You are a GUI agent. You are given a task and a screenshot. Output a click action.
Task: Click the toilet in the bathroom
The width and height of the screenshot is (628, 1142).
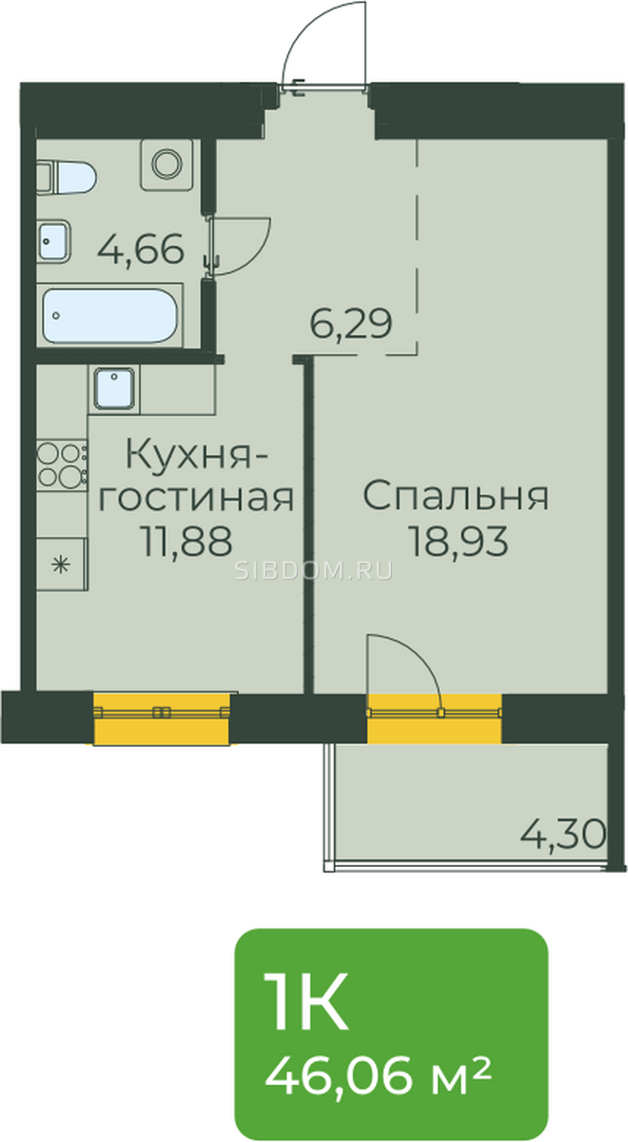66,178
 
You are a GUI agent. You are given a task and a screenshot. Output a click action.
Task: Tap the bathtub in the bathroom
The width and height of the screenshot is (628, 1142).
110,316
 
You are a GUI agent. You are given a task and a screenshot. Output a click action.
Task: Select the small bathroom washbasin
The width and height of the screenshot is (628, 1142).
53,242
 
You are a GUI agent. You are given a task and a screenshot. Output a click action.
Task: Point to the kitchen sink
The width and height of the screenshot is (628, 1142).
114,387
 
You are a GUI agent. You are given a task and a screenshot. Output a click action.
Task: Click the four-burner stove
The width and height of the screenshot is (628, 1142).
62,464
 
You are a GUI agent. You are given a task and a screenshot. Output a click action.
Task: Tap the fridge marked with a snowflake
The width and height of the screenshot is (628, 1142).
62,563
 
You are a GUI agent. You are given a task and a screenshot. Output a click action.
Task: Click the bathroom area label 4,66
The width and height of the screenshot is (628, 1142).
141,249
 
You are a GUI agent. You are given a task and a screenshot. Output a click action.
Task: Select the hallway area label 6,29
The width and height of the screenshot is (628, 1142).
351,325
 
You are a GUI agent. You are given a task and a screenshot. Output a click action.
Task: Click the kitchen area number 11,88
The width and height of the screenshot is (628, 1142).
188,541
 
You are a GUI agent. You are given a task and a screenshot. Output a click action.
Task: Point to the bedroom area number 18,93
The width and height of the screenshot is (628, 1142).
459,541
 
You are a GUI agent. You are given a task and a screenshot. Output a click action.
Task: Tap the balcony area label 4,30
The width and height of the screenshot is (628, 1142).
562,836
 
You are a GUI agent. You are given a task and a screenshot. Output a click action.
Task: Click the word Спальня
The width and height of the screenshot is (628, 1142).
456,496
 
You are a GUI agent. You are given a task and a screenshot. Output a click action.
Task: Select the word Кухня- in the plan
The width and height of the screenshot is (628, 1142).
196,454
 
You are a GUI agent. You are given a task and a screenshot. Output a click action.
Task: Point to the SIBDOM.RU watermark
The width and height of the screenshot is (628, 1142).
314,572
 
